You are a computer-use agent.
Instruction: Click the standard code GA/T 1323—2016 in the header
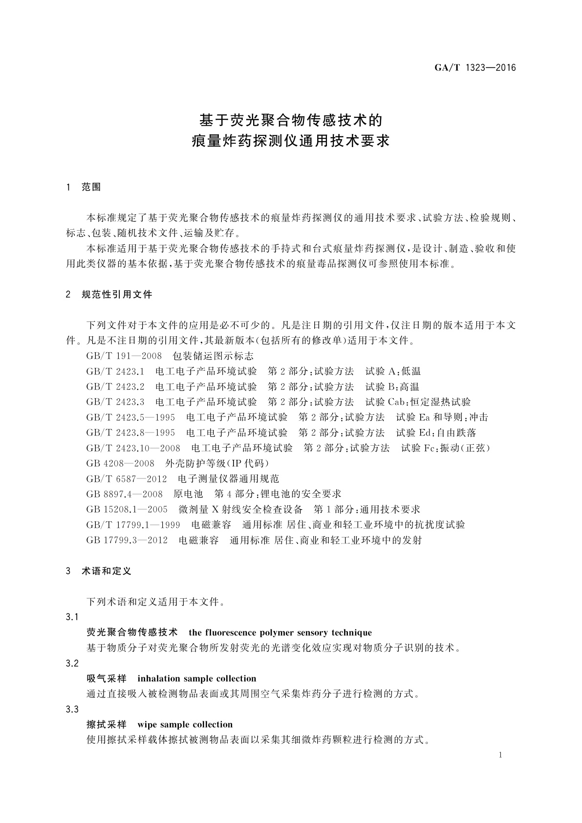(x=475, y=68)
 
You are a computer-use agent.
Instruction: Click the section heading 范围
(x=91, y=187)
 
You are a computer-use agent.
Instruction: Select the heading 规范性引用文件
(x=117, y=295)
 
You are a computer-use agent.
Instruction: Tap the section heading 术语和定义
(x=107, y=571)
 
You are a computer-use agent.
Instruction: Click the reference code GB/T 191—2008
(x=124, y=356)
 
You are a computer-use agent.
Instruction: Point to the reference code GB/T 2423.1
(x=115, y=371)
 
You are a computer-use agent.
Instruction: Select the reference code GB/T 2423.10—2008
(x=133, y=448)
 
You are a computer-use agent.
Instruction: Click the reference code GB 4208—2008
(x=120, y=463)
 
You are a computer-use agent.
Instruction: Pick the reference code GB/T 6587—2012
(x=127, y=479)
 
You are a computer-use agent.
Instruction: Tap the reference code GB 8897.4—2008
(x=125, y=494)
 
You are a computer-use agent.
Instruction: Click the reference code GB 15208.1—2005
(x=127, y=510)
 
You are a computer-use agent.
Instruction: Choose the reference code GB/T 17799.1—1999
(x=133, y=525)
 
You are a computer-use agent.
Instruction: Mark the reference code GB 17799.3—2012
(x=127, y=541)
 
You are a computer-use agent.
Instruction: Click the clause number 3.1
(x=72, y=617)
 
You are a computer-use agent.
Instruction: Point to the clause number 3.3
(x=72, y=710)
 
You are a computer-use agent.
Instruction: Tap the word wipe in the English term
(x=148, y=725)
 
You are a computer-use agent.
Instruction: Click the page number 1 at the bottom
(x=501, y=756)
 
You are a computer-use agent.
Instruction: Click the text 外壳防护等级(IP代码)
(x=217, y=463)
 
